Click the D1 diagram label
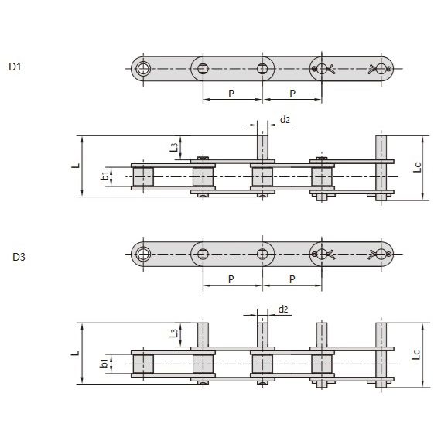point(15,67)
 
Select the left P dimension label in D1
point(231,93)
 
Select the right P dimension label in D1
point(292,93)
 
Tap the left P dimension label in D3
point(231,279)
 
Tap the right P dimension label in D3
point(292,279)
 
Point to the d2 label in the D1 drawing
point(284,120)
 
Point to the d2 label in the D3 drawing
point(283,309)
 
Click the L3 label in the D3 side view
point(174,334)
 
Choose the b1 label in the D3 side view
point(104,364)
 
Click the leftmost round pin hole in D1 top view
point(143,69)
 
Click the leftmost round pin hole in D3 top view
point(143,254)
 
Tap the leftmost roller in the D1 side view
point(143,178)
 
